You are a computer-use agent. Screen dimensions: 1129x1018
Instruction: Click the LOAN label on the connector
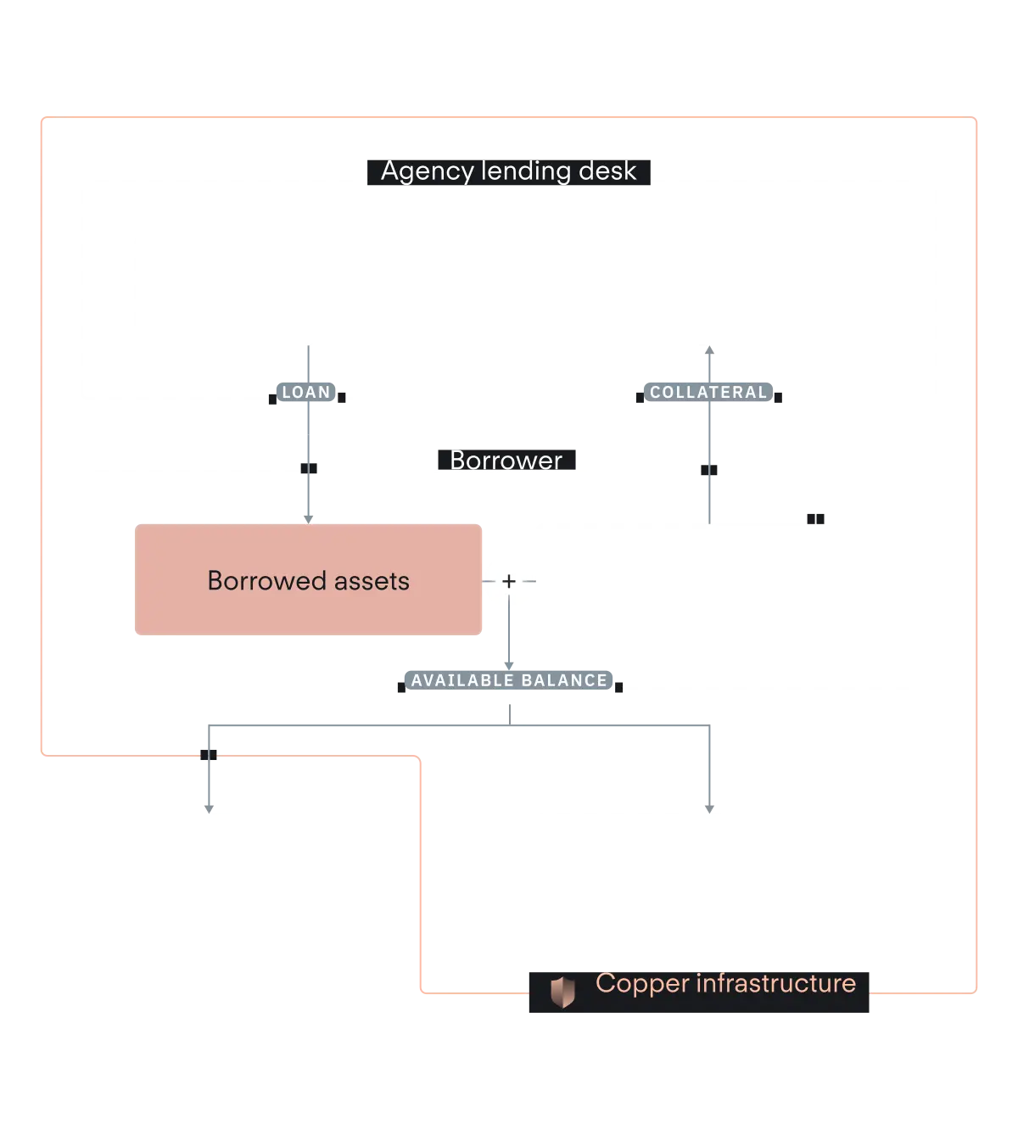[x=306, y=393]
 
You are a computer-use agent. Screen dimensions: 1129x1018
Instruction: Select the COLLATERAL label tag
[x=708, y=393]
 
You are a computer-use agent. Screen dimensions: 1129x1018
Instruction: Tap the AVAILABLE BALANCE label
[x=509, y=680]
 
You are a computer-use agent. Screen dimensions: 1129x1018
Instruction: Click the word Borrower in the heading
[x=506, y=460]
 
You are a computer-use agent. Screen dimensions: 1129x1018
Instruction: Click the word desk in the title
[x=607, y=170]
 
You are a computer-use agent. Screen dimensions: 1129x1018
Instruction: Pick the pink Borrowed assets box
[x=308, y=580]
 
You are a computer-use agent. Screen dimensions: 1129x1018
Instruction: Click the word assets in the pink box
[x=372, y=581]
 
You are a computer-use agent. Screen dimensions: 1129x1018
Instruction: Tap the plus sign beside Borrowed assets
[x=508, y=581]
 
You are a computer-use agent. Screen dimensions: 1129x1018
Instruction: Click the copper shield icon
[x=562, y=992]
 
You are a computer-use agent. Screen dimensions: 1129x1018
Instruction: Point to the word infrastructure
[x=775, y=983]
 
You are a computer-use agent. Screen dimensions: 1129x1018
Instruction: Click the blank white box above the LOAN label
[x=308, y=288]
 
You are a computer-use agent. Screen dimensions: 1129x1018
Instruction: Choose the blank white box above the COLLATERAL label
[x=708, y=288]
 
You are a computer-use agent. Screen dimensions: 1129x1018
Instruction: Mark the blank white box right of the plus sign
[x=708, y=580]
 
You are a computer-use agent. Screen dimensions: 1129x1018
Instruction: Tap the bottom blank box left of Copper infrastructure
[x=207, y=868]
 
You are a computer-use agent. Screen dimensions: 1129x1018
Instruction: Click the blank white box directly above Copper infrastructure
[x=702, y=868]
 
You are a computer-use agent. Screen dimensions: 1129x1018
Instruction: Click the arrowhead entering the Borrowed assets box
[x=309, y=516]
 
